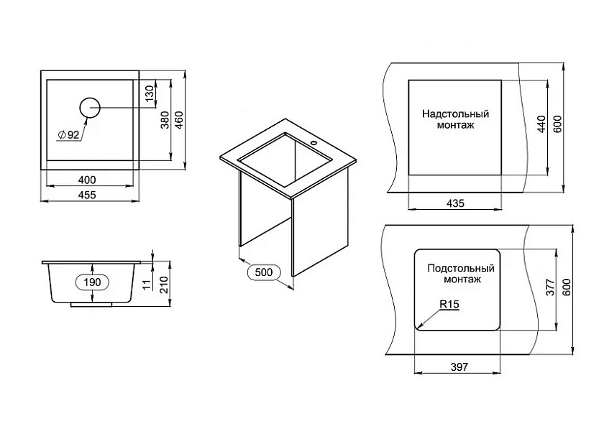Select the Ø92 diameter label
pos(68,135)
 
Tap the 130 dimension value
pos(150,93)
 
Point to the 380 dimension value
pos(165,120)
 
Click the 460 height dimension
pos(179,120)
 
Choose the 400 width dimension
pos(87,180)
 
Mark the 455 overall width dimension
pos(87,195)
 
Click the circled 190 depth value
pos(93,282)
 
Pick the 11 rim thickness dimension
pos(146,284)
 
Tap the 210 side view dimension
pos(165,285)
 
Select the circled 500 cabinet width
pos(263,272)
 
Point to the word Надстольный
pos(455,114)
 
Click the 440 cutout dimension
pos(541,124)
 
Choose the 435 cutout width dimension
pos(456,203)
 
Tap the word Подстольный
pos(461,268)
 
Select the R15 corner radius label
pos(449,304)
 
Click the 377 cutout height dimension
pos(551,287)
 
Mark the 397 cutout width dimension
pos(459,366)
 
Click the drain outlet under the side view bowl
pos(92,305)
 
